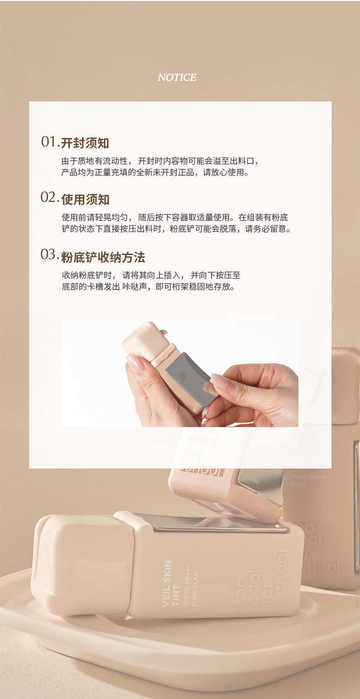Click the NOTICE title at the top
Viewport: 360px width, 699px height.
177,77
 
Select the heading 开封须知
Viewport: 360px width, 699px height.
85,143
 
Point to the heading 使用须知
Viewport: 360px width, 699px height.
85,200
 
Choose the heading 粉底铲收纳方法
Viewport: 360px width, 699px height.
103,257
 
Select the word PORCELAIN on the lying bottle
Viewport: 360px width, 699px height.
194,588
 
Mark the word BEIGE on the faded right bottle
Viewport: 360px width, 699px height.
297,485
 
